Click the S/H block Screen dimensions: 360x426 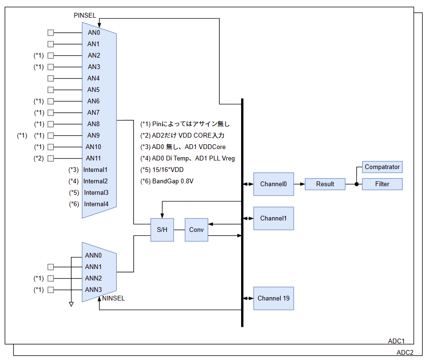tap(162, 230)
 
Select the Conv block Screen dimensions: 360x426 tap(196, 230)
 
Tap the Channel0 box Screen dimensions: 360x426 tap(274, 184)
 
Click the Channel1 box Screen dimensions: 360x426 tap(274, 219)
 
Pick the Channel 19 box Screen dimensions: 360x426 tap(274, 299)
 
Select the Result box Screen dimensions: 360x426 tap(325, 184)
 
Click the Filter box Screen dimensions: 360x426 tap(382, 184)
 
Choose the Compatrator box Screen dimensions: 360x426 tap(382, 167)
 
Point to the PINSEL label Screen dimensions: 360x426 tap(85, 15)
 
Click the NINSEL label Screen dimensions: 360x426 tap(113, 299)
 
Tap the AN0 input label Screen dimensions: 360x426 tap(94, 32)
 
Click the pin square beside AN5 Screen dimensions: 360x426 tap(51, 90)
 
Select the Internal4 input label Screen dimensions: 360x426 tap(96, 204)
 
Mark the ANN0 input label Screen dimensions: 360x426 tap(93, 255)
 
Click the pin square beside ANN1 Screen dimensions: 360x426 tap(51, 267)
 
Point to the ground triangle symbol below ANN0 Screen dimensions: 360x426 tap(71, 304)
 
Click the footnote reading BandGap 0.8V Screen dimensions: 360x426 tap(167, 181)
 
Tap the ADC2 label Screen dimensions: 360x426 tap(405, 353)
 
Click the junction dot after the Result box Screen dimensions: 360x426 tap(356, 184)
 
